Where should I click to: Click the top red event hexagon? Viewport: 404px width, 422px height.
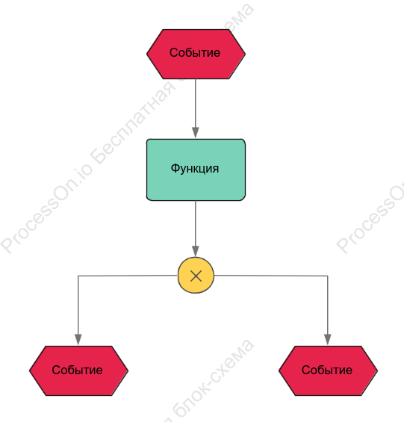pyautogui.click(x=196, y=54)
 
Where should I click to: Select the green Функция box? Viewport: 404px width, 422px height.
pyautogui.click(x=196, y=170)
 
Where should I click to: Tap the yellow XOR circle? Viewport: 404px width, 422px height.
pyautogui.click(x=196, y=276)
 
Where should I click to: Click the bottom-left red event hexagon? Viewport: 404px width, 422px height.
pyautogui.click(x=78, y=370)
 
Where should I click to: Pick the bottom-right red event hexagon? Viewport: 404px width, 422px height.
pyautogui.click(x=328, y=370)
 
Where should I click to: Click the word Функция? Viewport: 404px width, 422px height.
pyautogui.click(x=195, y=169)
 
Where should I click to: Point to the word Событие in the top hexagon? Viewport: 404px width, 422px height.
pyautogui.click(x=195, y=52)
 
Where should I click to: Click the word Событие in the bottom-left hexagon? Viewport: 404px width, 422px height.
pyautogui.click(x=77, y=370)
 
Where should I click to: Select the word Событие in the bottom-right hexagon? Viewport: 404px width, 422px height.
pyautogui.click(x=327, y=370)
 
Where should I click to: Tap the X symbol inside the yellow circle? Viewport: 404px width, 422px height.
pyautogui.click(x=196, y=276)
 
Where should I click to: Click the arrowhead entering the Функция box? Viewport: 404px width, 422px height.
pyautogui.click(x=196, y=133)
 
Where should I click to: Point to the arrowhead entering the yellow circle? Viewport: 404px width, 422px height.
pyautogui.click(x=196, y=252)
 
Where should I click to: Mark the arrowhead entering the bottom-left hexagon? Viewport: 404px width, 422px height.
pyautogui.click(x=78, y=340)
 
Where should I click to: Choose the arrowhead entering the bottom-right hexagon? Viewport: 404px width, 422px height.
pyautogui.click(x=328, y=340)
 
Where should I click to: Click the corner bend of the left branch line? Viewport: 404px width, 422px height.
pyautogui.click(x=78, y=276)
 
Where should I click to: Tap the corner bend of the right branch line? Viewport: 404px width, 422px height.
pyautogui.click(x=328, y=276)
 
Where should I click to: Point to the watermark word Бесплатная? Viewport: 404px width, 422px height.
pyautogui.click(x=133, y=121)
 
